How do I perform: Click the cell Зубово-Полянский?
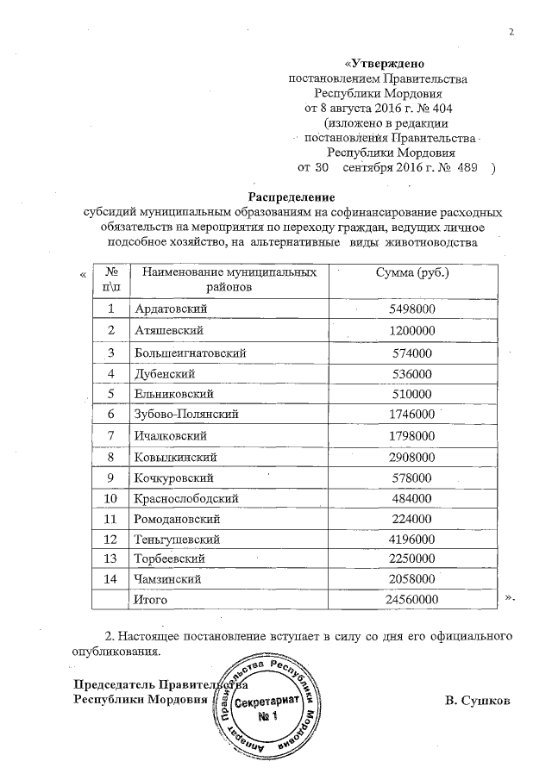(185, 415)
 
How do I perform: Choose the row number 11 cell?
(110, 520)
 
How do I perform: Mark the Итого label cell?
(153, 598)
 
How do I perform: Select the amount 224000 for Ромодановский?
(407, 520)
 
